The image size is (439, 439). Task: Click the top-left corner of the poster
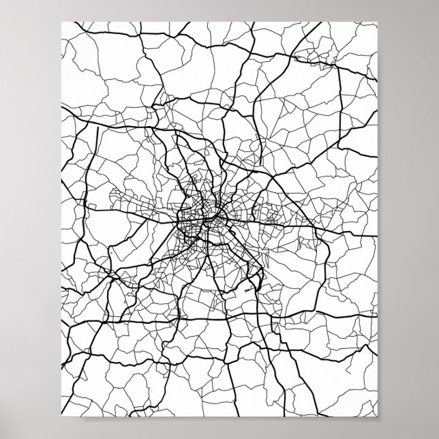coord(62,21)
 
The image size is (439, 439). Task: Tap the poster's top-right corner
coord(376,21)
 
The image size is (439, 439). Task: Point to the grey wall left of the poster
coord(31,218)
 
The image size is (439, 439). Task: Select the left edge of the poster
coord(62,218)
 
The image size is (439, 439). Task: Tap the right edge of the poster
coord(376,218)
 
